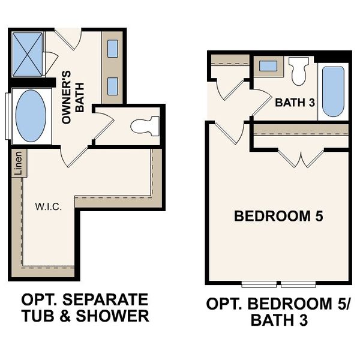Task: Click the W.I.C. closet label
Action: click(x=46, y=207)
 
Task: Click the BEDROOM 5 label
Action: click(x=278, y=216)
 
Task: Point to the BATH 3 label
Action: click(x=295, y=103)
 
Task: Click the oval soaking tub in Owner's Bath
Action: click(x=31, y=116)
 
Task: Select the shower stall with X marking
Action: click(x=28, y=55)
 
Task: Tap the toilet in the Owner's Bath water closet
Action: click(x=145, y=126)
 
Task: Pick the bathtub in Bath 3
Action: click(x=333, y=91)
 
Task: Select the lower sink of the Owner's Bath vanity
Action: click(x=113, y=85)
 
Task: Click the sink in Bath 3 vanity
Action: click(x=268, y=66)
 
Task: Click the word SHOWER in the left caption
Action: click(x=116, y=316)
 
